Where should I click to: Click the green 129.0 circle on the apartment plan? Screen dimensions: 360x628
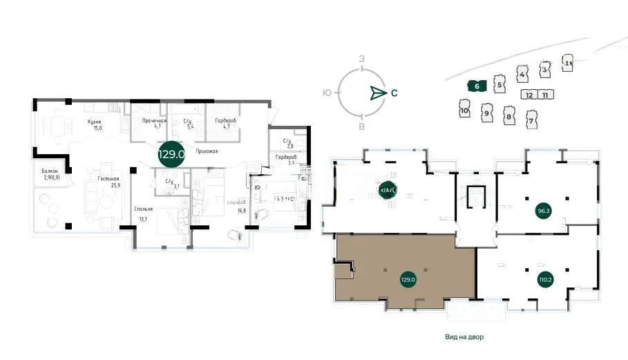coord(171,154)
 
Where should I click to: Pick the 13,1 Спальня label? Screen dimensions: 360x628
coord(144,211)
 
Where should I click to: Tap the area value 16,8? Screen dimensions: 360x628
coord(241,210)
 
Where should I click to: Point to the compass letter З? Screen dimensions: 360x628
coord(361,60)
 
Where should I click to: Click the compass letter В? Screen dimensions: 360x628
coord(361,127)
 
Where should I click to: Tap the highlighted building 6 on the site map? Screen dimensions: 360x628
coord(477,86)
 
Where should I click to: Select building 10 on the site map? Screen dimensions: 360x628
coord(464,109)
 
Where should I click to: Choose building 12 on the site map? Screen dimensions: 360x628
coord(529,95)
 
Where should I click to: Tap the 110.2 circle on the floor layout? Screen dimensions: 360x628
coord(545,280)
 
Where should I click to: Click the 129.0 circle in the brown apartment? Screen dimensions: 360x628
coord(408,280)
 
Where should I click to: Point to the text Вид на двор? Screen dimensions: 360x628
coord(464,338)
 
